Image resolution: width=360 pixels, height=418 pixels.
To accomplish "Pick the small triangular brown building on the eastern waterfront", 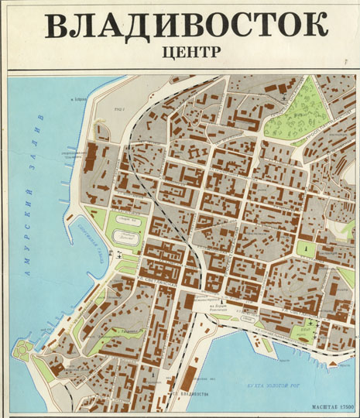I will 338,361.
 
